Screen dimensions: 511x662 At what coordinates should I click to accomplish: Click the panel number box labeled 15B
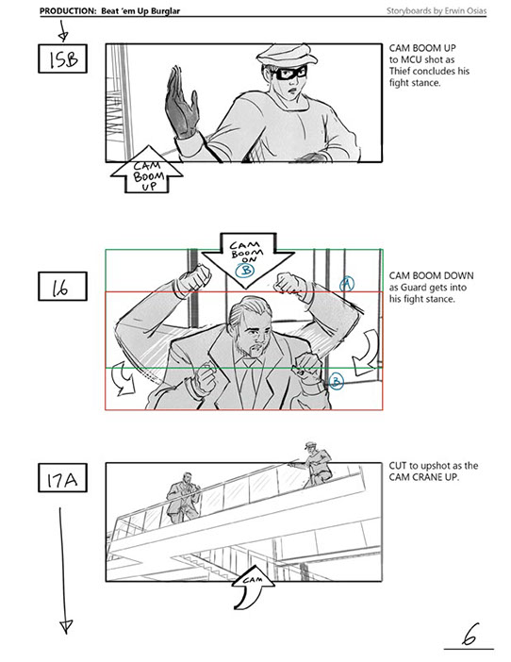pyautogui.click(x=62, y=58)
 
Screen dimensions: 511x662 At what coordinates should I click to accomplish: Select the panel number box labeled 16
pyautogui.click(x=62, y=287)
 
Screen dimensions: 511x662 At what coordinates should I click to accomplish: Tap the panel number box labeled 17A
pyautogui.click(x=62, y=477)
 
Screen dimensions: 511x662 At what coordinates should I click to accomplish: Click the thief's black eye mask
pyautogui.click(x=289, y=73)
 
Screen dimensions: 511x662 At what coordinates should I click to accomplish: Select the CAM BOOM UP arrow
pyautogui.click(x=147, y=170)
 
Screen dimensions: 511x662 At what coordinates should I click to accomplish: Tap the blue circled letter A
pyautogui.click(x=347, y=283)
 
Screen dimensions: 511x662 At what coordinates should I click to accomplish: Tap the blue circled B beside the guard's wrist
pyautogui.click(x=336, y=381)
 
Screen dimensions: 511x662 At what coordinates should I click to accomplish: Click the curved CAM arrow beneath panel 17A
pyautogui.click(x=250, y=590)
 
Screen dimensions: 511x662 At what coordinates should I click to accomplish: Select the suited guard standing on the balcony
pyautogui.click(x=184, y=498)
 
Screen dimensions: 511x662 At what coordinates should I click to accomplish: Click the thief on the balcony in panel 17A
pyautogui.click(x=314, y=464)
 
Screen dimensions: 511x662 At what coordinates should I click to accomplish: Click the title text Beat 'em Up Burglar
pyautogui.click(x=140, y=11)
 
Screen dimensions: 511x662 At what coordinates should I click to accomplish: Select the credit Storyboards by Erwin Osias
pyautogui.click(x=437, y=10)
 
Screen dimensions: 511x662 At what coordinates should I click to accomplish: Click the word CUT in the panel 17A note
pyautogui.click(x=397, y=466)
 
